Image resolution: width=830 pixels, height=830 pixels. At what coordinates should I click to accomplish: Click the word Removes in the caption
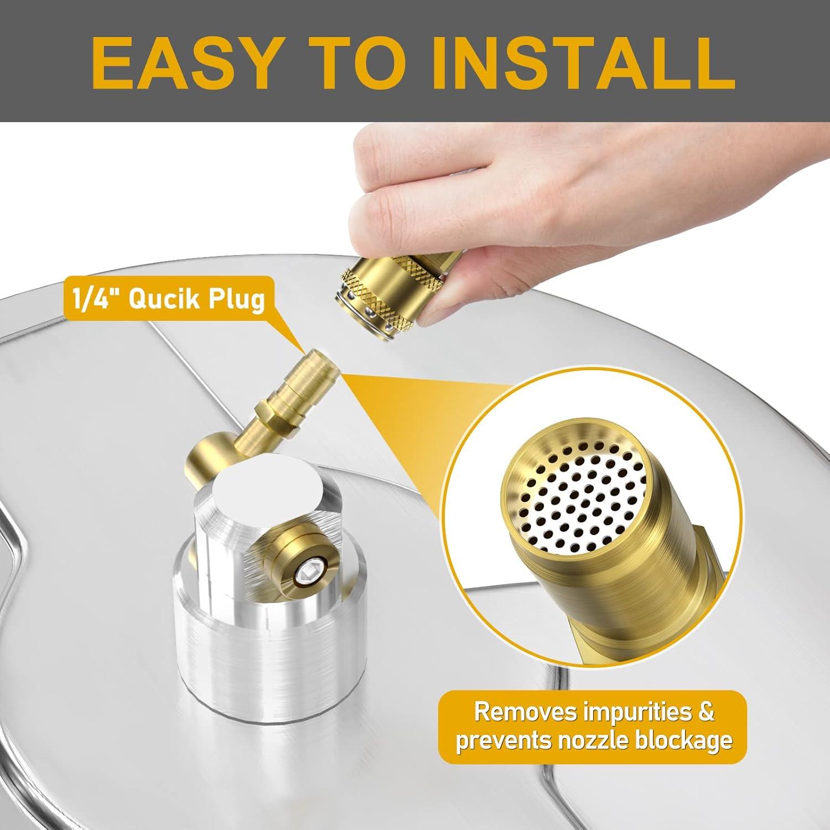click(x=522, y=712)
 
